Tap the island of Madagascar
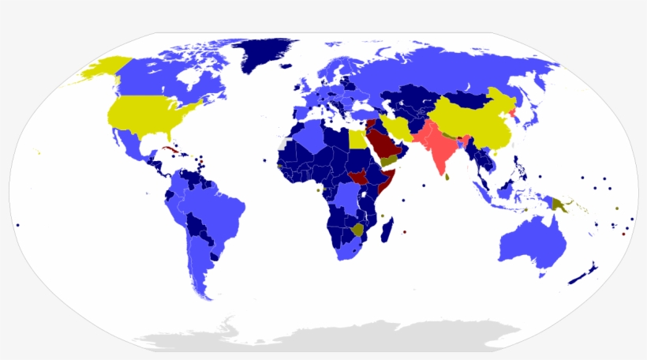(387, 231)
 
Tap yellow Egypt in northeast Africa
(357, 141)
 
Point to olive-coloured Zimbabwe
(358, 230)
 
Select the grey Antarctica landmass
(331, 335)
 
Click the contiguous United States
(150, 114)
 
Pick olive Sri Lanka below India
(447, 177)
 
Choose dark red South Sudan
(359, 177)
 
